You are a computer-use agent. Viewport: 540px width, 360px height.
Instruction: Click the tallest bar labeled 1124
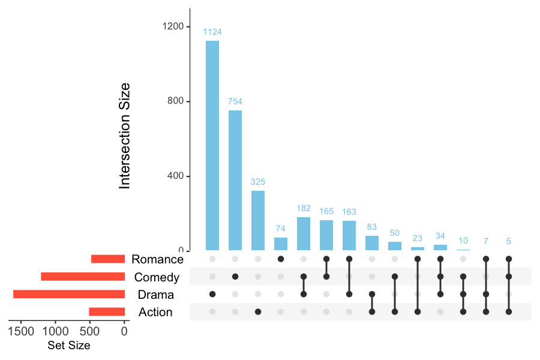[x=212, y=145]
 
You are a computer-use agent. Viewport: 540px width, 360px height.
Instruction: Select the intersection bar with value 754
[x=235, y=180]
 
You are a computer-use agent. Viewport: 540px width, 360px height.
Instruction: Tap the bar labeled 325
[x=258, y=220]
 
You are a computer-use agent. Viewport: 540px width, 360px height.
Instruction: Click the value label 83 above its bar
[x=372, y=227]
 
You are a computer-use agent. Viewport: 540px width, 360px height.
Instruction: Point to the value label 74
[x=281, y=229]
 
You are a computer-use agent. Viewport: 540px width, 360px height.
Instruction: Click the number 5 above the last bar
[x=509, y=242]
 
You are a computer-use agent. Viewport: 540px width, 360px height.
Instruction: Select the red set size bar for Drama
[x=69, y=294]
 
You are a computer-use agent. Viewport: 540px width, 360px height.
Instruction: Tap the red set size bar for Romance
[x=108, y=259]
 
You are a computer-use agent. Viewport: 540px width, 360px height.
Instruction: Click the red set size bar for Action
[x=107, y=312]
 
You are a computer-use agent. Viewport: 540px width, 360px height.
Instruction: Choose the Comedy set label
[x=157, y=277]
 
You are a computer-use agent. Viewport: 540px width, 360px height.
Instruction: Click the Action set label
[x=155, y=312]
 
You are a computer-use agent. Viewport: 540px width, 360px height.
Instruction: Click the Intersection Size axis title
[x=125, y=136]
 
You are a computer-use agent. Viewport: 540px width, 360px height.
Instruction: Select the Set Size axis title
[x=68, y=346]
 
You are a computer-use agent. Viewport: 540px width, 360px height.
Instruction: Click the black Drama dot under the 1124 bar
[x=212, y=294]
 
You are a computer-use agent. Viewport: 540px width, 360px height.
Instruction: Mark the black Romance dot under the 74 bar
[x=281, y=259]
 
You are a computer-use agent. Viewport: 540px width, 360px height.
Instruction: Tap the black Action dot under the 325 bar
[x=258, y=312]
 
